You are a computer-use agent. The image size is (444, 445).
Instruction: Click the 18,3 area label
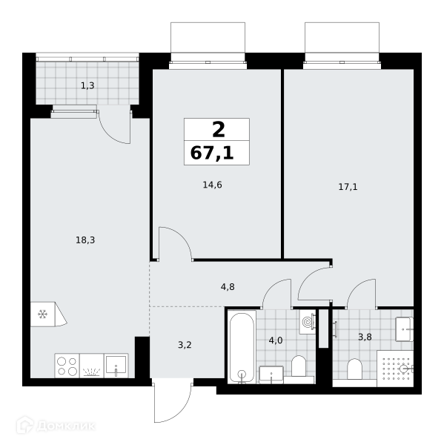coord(85,240)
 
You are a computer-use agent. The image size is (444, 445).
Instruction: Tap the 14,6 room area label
coord(212,185)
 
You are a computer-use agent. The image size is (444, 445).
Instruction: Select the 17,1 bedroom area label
coord(348,187)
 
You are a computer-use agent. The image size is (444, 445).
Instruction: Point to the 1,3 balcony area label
coord(87,85)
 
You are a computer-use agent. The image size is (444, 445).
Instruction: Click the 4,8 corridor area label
coord(228,287)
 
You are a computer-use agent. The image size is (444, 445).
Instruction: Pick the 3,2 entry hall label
coord(185,345)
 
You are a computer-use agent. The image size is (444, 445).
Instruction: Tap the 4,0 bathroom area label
coord(276,340)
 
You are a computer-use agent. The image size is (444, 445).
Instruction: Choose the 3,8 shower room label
coord(365,337)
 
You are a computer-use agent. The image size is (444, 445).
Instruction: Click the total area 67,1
coord(212,154)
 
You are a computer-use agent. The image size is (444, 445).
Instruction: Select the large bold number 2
coord(219,130)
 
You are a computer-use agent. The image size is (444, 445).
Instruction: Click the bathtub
coord(242,347)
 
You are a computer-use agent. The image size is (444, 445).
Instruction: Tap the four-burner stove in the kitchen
coord(67,366)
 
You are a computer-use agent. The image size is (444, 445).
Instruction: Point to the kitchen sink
coord(116,366)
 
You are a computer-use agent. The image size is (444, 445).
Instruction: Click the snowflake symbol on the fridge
coord(42,314)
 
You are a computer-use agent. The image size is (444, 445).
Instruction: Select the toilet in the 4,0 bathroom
coord(299,366)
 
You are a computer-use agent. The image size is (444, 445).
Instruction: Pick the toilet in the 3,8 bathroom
coord(354,369)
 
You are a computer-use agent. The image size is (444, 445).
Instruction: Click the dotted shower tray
coord(395,369)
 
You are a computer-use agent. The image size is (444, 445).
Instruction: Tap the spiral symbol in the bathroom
coord(307,322)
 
